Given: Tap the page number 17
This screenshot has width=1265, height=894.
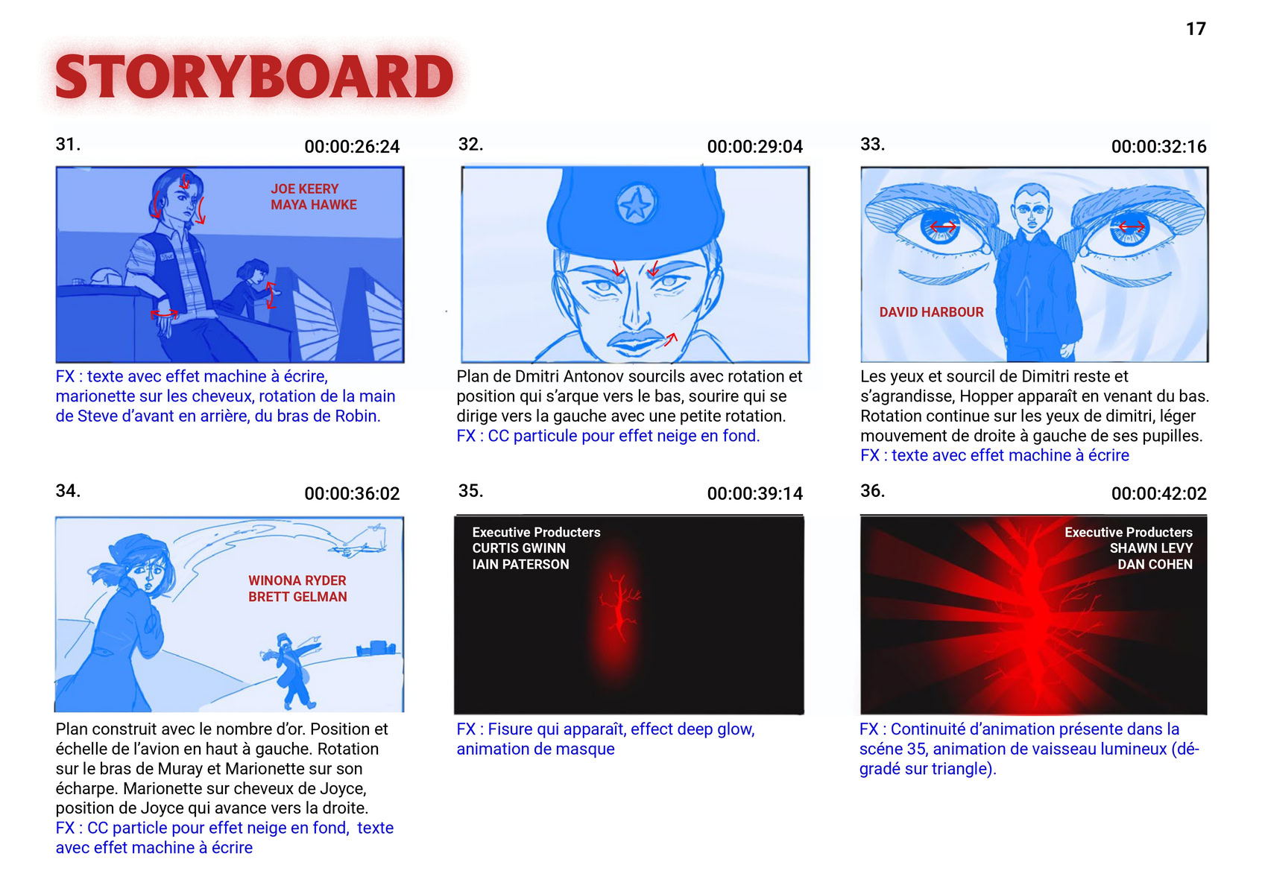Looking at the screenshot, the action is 1196,29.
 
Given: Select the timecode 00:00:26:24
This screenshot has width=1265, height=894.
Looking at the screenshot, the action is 352,147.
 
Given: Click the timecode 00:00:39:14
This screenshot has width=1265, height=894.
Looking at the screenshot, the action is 754,494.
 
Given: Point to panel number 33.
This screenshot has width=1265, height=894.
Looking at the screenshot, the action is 872,144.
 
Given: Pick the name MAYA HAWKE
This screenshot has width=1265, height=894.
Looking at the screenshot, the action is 313,205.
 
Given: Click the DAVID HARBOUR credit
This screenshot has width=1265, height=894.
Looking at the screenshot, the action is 931,312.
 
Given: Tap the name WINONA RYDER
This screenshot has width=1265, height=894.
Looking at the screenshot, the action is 297,581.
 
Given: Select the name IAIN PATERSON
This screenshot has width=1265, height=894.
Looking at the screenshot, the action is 520,565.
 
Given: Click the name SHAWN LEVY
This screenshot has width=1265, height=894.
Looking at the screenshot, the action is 1151,548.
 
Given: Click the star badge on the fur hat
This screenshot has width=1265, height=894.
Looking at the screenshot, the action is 636,203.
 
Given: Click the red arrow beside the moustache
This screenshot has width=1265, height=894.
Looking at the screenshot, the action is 671,339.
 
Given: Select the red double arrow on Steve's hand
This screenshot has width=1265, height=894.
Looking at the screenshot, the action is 164,313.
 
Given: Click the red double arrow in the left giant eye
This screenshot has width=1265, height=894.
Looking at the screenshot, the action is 942,227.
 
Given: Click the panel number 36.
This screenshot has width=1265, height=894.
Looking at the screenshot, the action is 872,490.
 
